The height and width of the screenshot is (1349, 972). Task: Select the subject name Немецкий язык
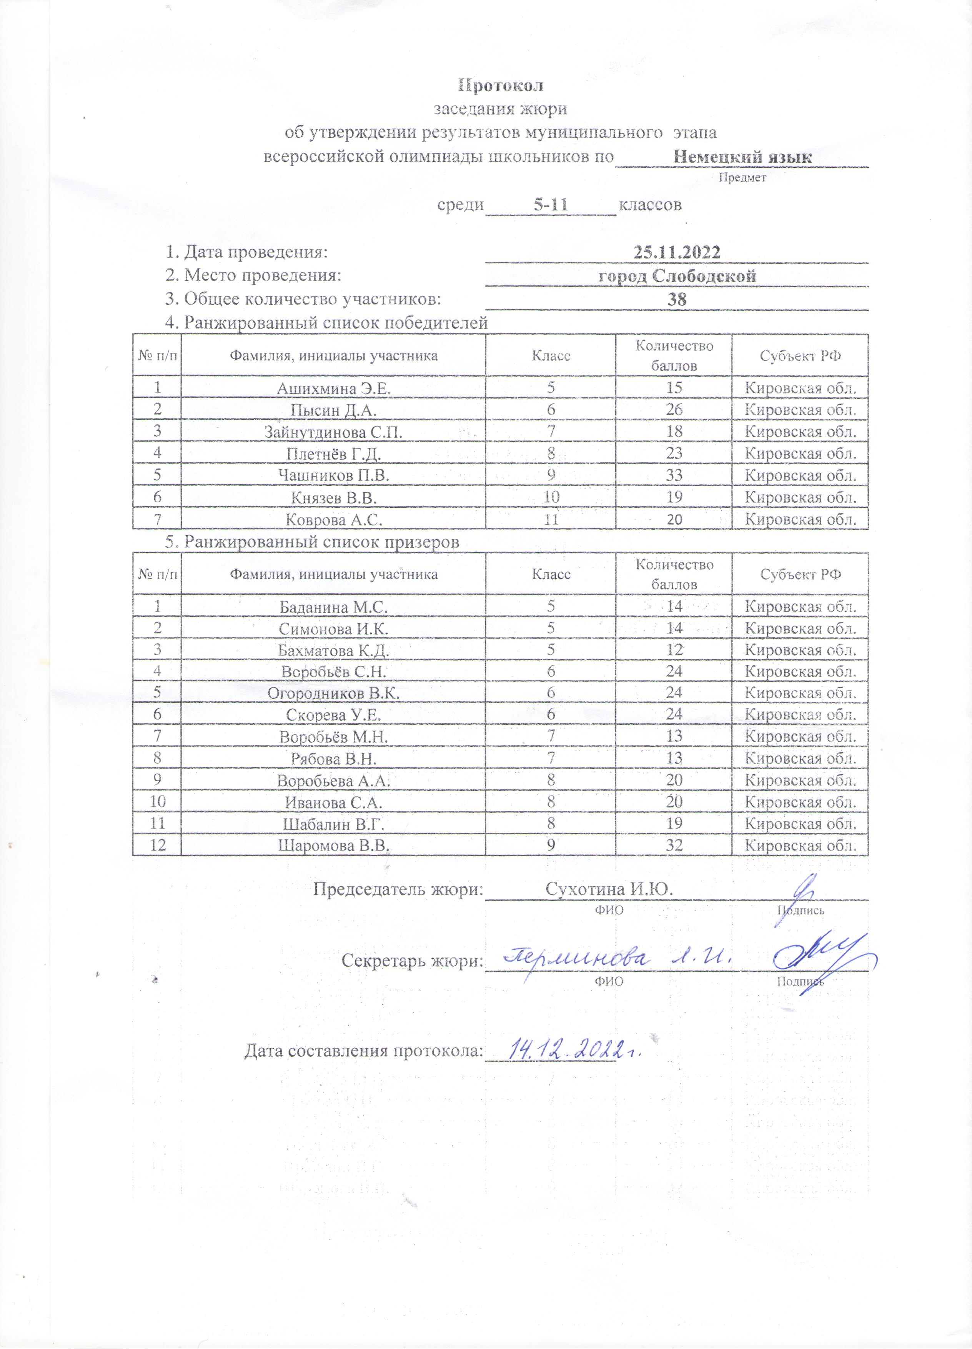742,157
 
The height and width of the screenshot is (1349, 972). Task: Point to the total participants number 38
677,299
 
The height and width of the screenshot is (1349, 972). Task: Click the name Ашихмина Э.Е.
333,389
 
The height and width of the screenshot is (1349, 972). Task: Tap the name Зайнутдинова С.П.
333,432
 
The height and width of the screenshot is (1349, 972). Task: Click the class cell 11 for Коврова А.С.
551,520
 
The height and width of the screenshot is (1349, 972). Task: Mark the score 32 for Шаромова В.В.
674,845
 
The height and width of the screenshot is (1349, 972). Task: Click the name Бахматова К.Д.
333,650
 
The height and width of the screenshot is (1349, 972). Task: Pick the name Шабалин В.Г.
333,824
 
